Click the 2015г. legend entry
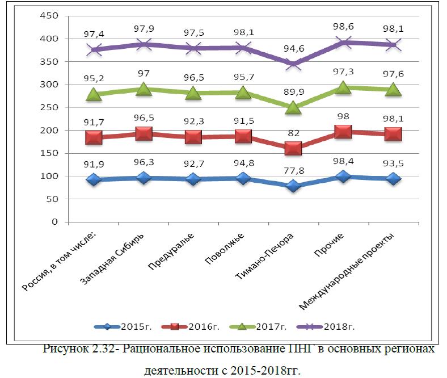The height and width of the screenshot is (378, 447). pyautogui.click(x=133, y=327)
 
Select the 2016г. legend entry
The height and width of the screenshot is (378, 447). pyautogui.click(x=203, y=327)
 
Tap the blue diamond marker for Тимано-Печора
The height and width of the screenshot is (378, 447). pyautogui.click(x=293, y=186)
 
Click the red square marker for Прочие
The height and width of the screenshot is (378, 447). pyautogui.click(x=343, y=132)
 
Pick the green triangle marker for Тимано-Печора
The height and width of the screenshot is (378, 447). pyautogui.click(x=293, y=108)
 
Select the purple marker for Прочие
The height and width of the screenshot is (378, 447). pyautogui.click(x=343, y=42)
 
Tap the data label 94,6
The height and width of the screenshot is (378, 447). pyautogui.click(x=293, y=49)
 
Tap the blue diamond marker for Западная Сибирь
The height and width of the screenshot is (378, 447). pyautogui.click(x=144, y=178)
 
